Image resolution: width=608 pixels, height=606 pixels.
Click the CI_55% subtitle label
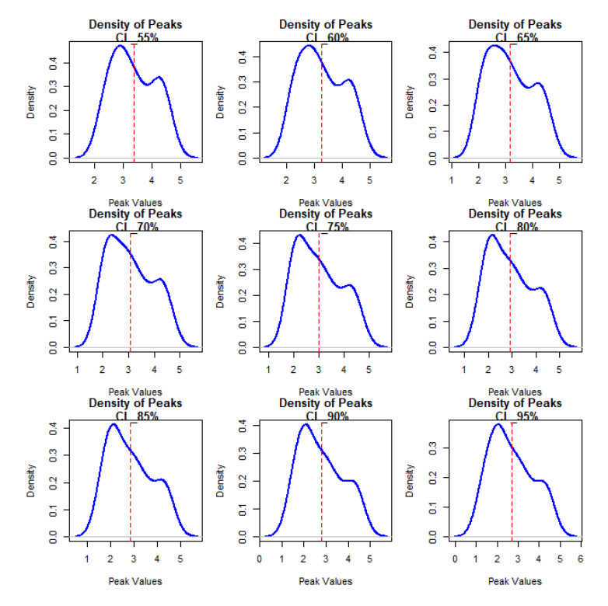point(136,37)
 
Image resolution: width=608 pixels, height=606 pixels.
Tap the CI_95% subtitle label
point(515,416)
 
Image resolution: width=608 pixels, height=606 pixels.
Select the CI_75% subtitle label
point(325,226)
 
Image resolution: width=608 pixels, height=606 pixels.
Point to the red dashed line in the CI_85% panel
point(131,482)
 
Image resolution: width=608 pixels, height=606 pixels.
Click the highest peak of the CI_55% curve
point(121,46)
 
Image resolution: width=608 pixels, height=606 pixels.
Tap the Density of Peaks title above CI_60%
point(325,24)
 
